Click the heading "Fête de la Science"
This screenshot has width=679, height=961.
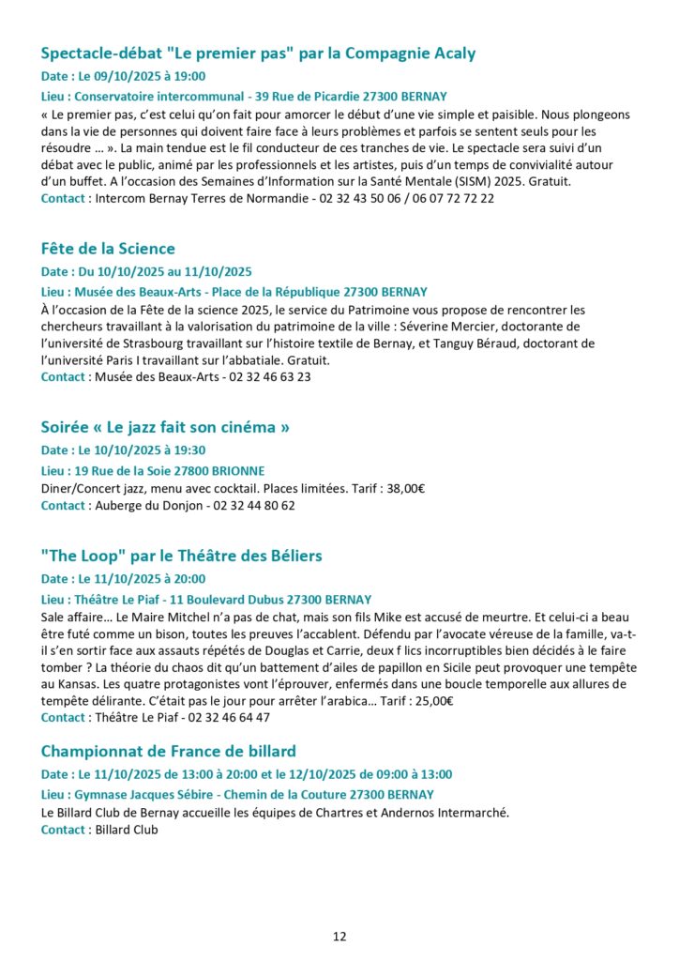(108, 249)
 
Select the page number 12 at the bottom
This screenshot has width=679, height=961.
(339, 936)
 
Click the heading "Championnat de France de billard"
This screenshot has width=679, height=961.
(169, 751)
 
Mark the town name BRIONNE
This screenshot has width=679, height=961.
(239, 470)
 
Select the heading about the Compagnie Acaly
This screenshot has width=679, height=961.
(258, 53)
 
